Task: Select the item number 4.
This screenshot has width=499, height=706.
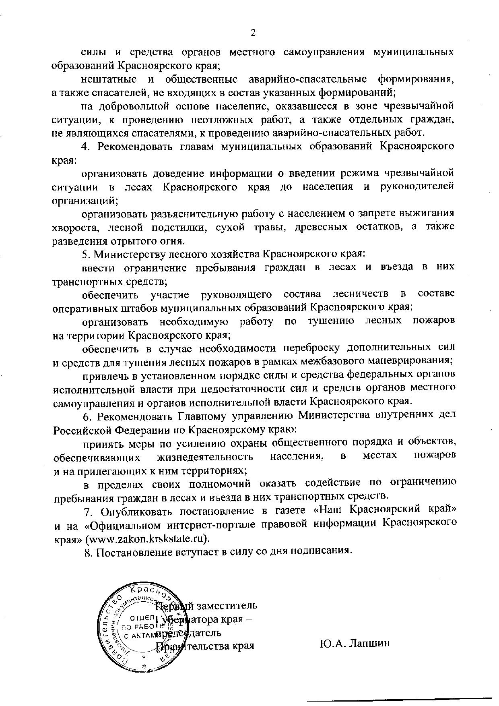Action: click(x=85, y=146)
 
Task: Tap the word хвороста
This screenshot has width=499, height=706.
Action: click(x=75, y=227)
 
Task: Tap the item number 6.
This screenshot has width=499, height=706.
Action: click(x=86, y=415)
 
